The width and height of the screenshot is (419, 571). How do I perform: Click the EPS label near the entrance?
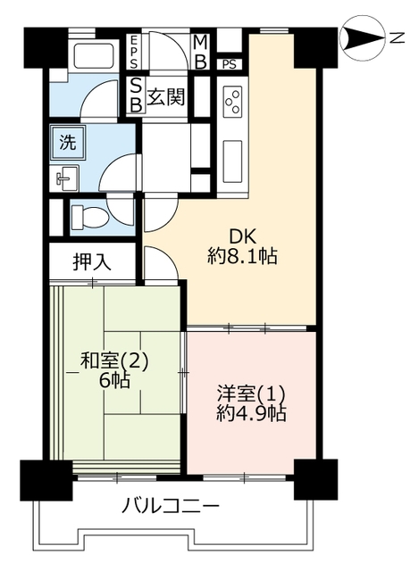point(133,52)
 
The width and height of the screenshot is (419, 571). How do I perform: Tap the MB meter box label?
point(200,52)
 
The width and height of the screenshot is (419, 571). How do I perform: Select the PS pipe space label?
point(230,64)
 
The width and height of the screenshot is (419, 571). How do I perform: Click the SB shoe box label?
point(136,95)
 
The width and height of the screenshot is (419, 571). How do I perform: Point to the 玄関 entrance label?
point(166,97)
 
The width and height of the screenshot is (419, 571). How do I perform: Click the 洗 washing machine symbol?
point(68,143)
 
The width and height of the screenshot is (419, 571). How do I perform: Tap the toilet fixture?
point(89,217)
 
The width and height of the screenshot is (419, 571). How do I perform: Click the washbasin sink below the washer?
point(68,178)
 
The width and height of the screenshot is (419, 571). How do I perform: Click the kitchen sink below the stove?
point(232,161)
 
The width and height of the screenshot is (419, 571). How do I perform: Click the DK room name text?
point(243,236)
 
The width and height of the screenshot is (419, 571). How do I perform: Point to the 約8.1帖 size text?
point(242,256)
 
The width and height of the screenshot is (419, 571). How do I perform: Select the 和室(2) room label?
point(113,361)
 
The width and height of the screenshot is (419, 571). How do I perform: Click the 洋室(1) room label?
point(251,394)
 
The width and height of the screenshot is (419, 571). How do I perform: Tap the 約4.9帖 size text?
point(251,413)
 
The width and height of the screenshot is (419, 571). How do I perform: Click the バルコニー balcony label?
point(171,506)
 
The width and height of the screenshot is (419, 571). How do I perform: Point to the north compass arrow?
point(362,37)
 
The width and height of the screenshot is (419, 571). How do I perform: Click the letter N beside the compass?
point(397,37)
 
